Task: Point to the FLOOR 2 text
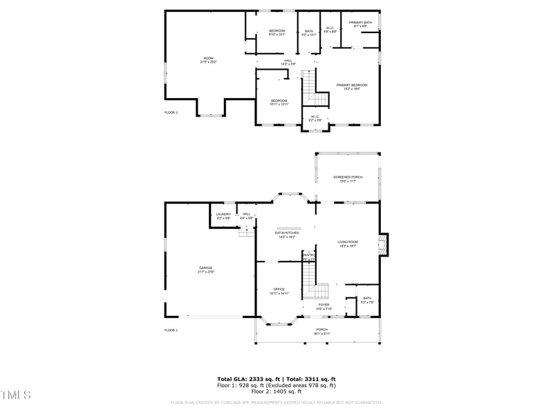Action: tap(171, 112)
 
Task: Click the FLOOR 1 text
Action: tap(171, 331)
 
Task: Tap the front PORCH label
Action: tap(322, 331)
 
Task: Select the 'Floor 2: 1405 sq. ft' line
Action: tap(276, 391)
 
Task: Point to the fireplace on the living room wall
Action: tap(382, 243)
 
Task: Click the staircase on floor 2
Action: tap(309, 86)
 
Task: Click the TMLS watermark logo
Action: tap(16, 395)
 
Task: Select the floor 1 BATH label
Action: tap(367, 300)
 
